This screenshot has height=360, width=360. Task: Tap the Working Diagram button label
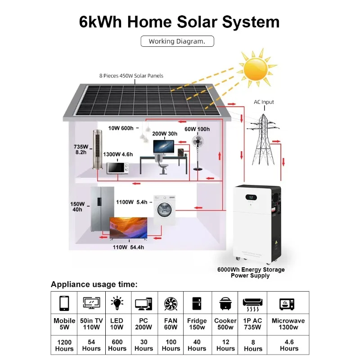pos(177,41)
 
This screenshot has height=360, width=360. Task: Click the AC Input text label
pos(263,102)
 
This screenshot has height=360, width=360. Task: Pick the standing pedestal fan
pos(198,151)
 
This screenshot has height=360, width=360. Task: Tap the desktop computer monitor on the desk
pos(163,147)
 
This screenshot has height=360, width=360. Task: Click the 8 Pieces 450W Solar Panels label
pos(131,76)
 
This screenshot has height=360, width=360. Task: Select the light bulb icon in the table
pos(117,303)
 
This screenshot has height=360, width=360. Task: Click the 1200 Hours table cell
pos(64,345)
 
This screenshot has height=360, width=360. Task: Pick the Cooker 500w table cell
pos(225,324)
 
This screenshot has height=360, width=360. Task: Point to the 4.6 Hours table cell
pos(288,345)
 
